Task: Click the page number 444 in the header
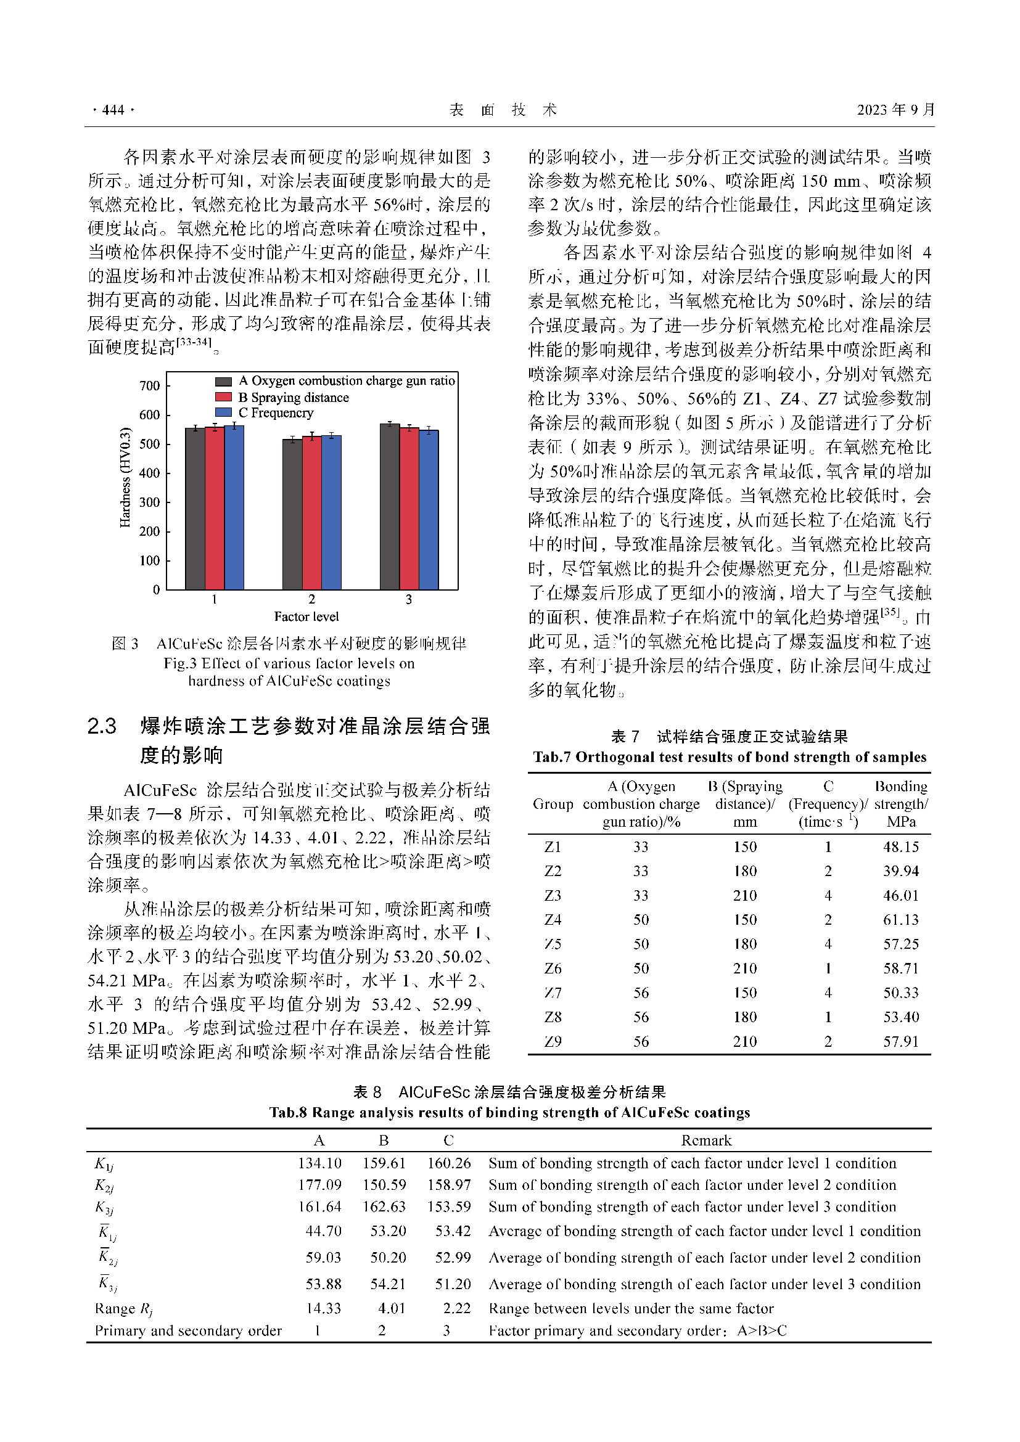(113, 110)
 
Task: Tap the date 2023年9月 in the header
(895, 110)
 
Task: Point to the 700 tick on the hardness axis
(150, 385)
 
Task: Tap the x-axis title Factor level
(306, 617)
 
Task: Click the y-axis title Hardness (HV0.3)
(125, 477)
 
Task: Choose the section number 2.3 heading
(102, 727)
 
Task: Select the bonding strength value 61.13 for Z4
(900, 919)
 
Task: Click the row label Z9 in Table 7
(553, 1041)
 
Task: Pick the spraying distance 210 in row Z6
(745, 968)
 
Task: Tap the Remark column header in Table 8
(707, 1140)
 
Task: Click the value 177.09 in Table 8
(319, 1184)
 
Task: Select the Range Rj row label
(124, 1309)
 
